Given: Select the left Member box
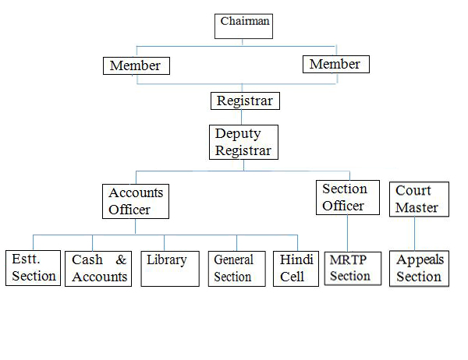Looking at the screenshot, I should (x=136, y=65).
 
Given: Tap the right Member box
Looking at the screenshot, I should (x=335, y=64).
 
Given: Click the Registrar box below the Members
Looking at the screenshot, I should (x=245, y=101).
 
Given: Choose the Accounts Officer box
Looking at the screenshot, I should (x=136, y=201).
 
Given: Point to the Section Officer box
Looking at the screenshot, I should (x=344, y=197).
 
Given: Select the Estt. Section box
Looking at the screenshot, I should (x=34, y=268).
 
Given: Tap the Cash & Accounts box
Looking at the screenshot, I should (x=98, y=268).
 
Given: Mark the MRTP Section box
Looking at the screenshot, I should (x=349, y=268).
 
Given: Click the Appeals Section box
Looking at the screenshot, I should (x=419, y=268).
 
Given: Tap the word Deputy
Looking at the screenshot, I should (x=238, y=133).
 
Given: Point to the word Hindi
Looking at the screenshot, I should (x=296, y=259).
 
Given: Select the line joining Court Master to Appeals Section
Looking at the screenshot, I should (x=414, y=234).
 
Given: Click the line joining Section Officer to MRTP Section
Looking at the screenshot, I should (x=346, y=233).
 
